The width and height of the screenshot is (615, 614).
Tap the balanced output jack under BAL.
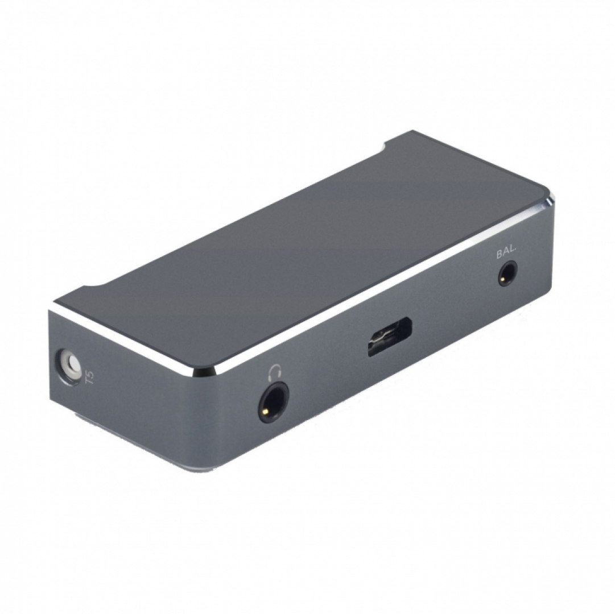(507, 273)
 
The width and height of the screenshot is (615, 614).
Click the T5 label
(90, 377)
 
